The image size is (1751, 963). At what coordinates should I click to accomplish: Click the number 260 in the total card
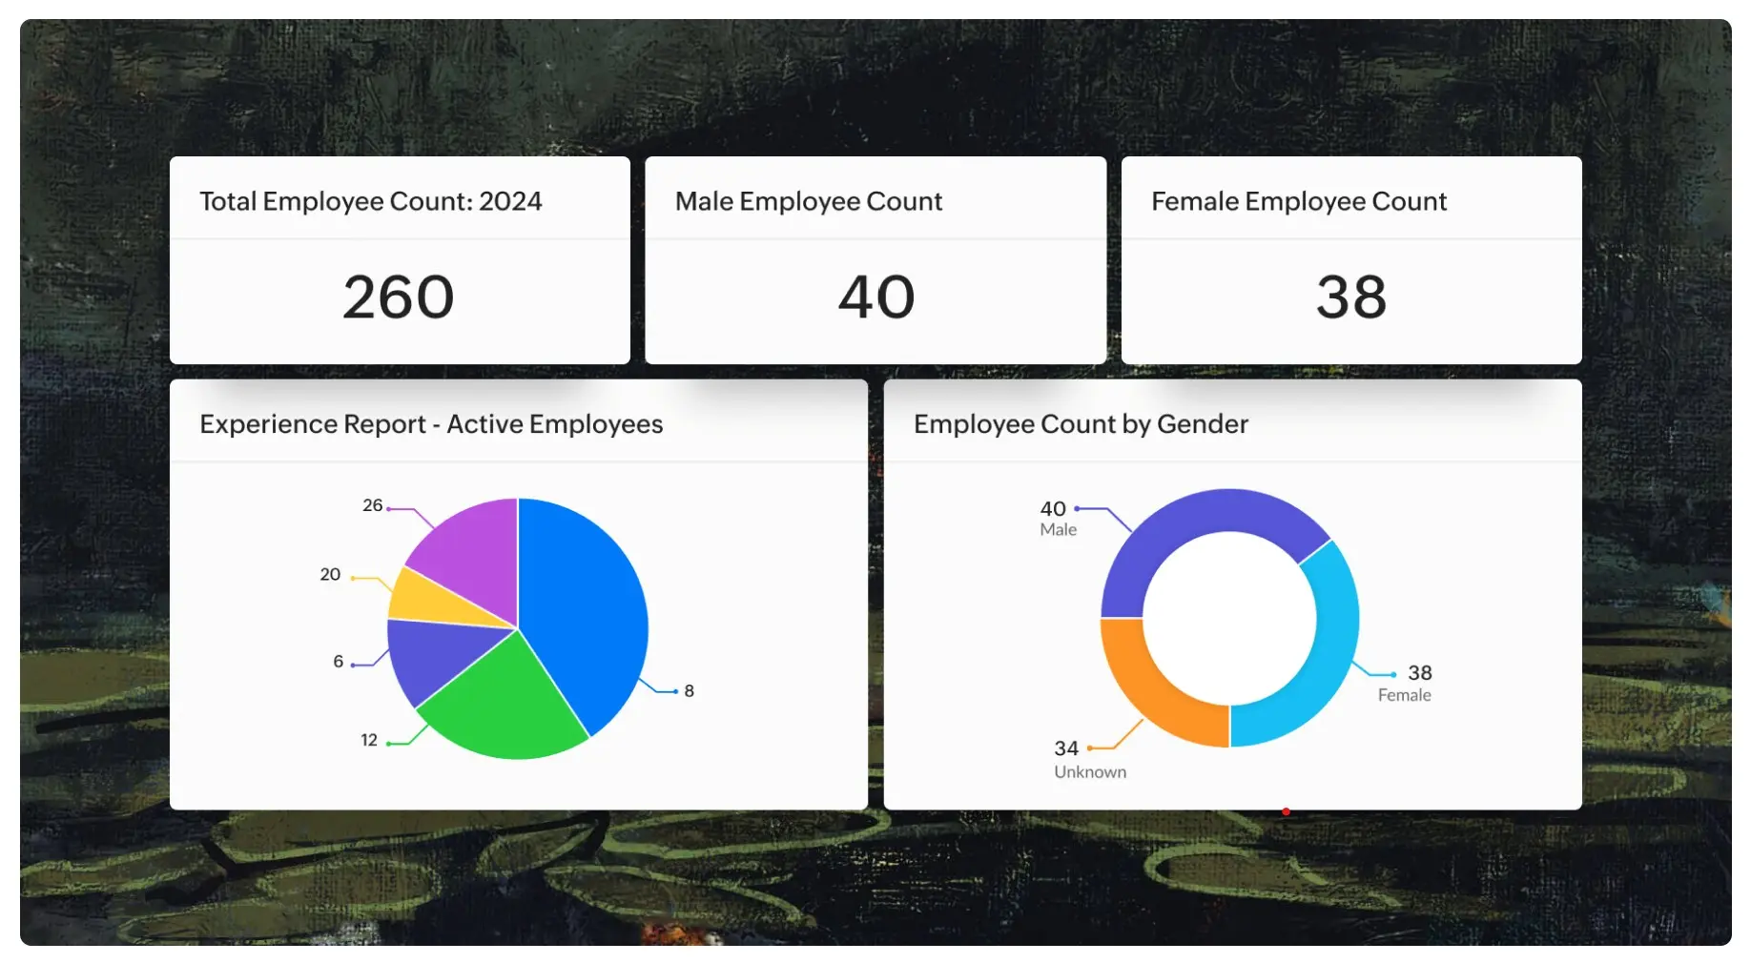coord(398,297)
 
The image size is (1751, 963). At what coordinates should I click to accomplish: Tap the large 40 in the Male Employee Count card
coord(875,297)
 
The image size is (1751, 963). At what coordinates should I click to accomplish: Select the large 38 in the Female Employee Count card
coord(1350,297)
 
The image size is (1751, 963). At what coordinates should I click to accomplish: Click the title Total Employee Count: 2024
coord(370,201)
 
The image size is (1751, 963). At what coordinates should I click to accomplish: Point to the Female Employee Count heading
coord(1298,201)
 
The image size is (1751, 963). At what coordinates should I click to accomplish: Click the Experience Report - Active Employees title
coord(431,423)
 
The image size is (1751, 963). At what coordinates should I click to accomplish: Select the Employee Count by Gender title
coord(1081,423)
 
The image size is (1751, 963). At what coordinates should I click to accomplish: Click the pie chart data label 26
coord(372,505)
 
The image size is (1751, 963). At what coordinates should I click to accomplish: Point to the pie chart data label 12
coord(369,740)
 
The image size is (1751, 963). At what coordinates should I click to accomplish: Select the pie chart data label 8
coord(689,691)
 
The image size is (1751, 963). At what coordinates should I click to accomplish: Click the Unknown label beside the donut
coord(1090,772)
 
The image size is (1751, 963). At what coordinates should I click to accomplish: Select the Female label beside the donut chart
coord(1404,695)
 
